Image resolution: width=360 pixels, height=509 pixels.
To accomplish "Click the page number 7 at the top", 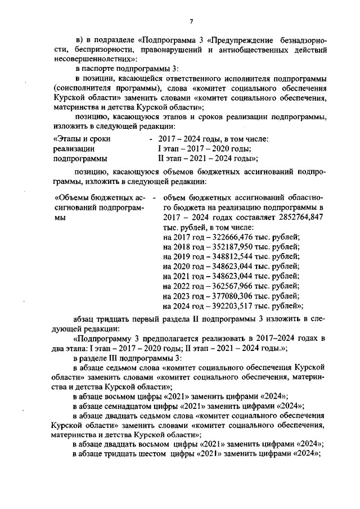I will tap(191, 21).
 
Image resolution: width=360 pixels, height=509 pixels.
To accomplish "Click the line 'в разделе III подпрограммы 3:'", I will tap(125, 358).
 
